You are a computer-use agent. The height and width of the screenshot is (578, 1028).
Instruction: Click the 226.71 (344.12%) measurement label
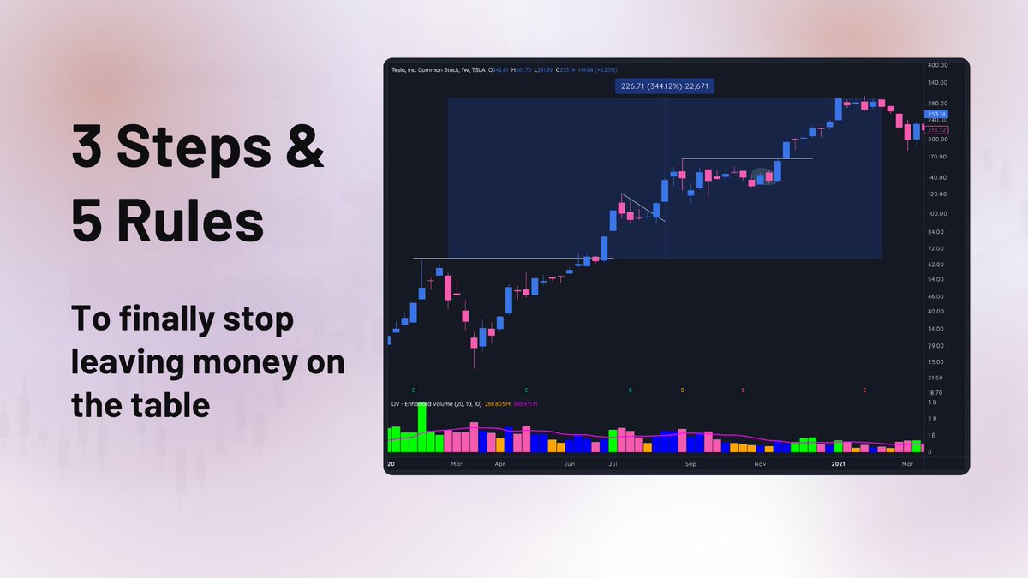(x=664, y=86)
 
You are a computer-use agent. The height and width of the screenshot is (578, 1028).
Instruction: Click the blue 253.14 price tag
(x=935, y=114)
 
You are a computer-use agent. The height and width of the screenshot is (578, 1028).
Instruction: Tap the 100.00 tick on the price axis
(x=936, y=213)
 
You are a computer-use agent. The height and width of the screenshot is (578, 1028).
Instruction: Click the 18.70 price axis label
(x=936, y=391)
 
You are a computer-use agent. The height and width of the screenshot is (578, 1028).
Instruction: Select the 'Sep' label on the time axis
(x=690, y=464)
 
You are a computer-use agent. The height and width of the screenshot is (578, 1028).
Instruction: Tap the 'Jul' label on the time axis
(x=613, y=464)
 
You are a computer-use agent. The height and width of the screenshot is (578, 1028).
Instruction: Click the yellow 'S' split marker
(x=683, y=390)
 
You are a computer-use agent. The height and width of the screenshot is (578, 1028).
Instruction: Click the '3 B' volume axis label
(x=932, y=402)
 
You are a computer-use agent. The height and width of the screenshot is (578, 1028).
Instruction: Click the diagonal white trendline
(x=642, y=207)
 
